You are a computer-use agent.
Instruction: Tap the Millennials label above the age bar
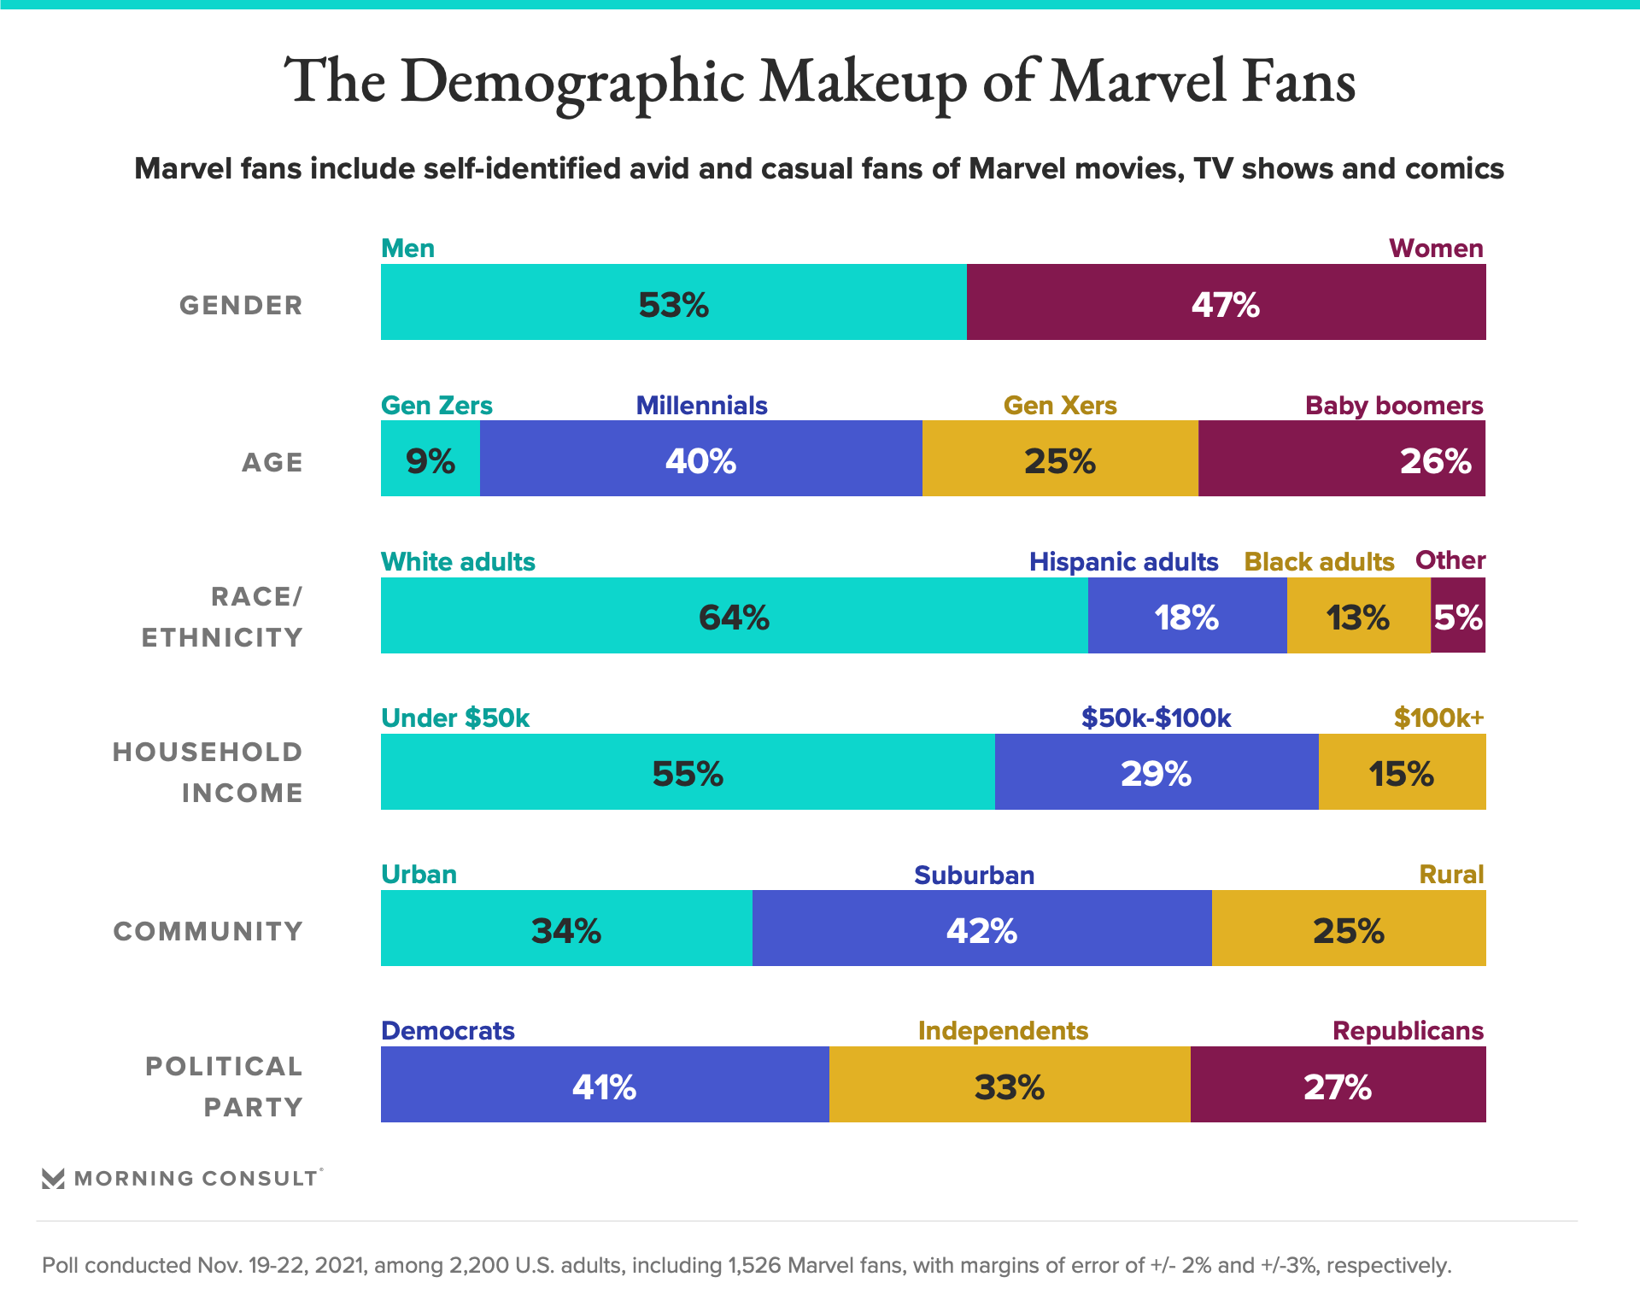click(x=701, y=406)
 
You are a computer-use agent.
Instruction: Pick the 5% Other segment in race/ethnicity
click(x=1458, y=616)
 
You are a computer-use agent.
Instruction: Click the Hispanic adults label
click(x=1123, y=562)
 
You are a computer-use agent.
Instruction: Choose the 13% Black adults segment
click(x=1358, y=616)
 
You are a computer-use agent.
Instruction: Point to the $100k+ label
click(x=1438, y=718)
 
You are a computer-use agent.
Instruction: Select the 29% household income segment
click(x=1156, y=772)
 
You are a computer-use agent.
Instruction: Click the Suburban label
click(x=974, y=876)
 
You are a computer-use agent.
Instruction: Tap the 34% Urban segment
click(x=565, y=928)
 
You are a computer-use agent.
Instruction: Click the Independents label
click(x=1003, y=1032)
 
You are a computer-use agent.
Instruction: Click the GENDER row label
click(x=241, y=306)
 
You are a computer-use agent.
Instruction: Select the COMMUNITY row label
click(x=208, y=931)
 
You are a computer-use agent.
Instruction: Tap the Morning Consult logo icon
click(x=53, y=1179)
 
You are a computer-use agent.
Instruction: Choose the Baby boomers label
click(x=1393, y=406)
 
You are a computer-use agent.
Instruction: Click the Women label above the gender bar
click(x=1435, y=249)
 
